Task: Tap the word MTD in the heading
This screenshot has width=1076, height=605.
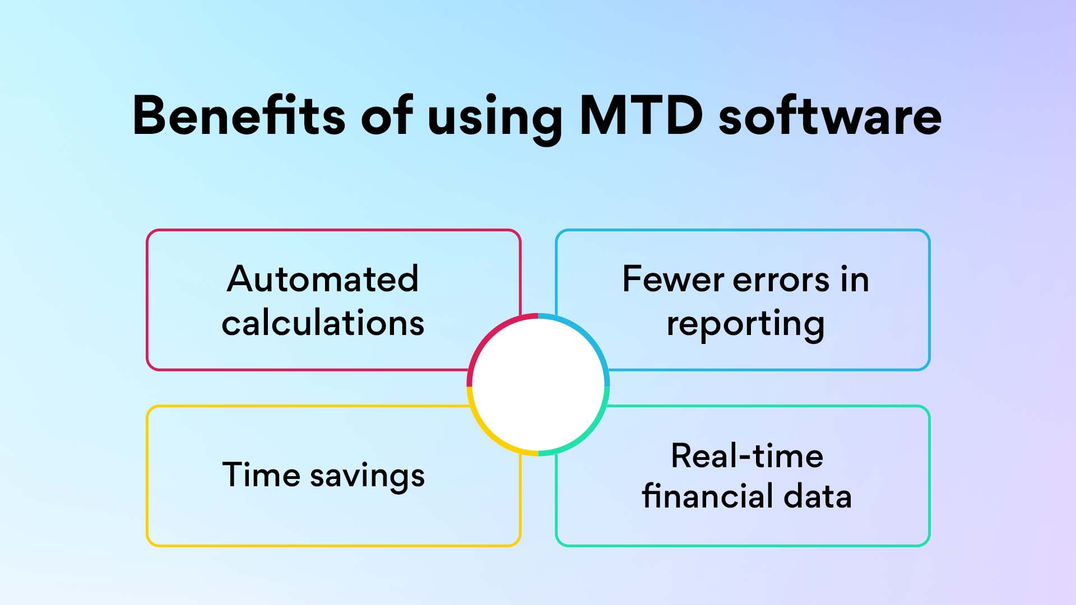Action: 641,116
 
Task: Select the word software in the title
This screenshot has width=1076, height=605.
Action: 830,116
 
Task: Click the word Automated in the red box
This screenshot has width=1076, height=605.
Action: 323,279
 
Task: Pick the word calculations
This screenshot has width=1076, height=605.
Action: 323,323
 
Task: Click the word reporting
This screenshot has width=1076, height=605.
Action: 745,325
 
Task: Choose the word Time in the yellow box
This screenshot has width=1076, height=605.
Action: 261,475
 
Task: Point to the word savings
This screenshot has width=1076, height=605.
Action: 368,477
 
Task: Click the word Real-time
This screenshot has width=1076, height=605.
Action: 747,456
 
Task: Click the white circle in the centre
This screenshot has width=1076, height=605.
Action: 538,385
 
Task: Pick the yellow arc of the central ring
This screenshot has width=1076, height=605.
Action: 489,434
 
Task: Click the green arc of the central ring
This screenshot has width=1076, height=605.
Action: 587,434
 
